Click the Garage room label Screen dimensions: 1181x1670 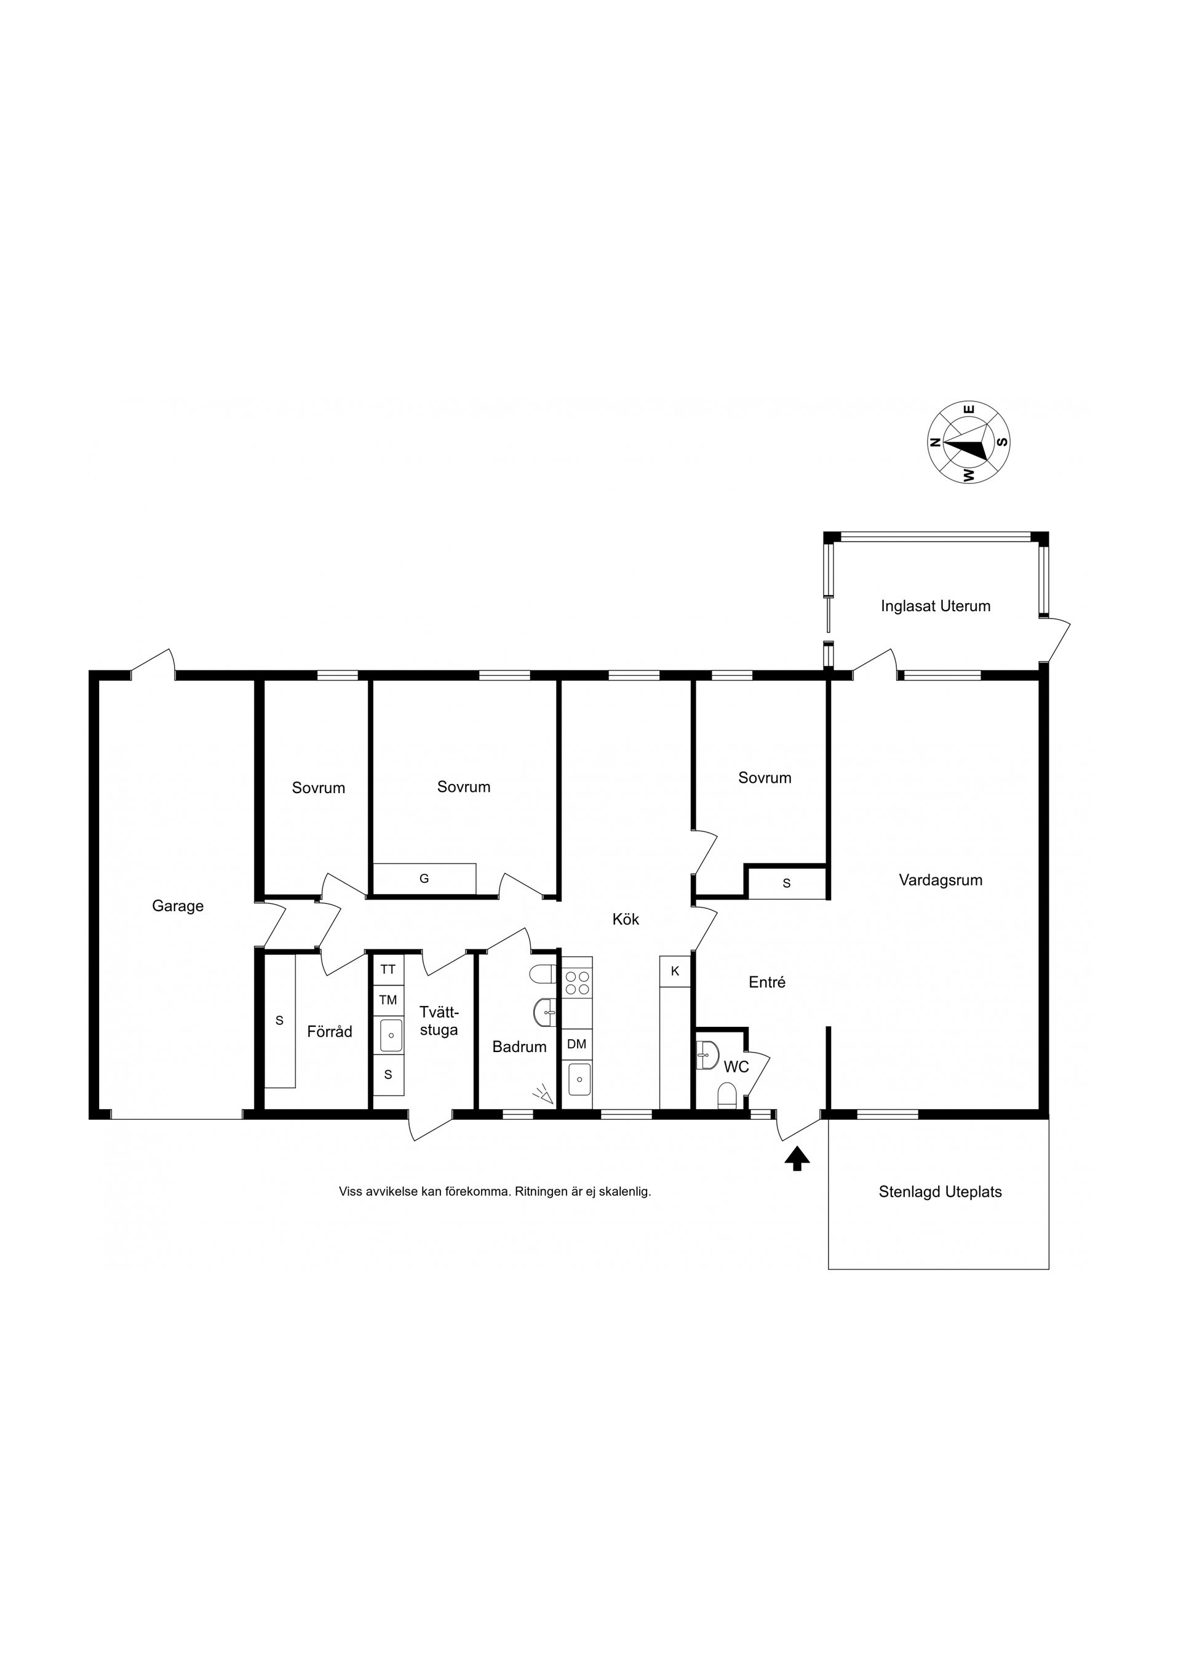[x=178, y=906]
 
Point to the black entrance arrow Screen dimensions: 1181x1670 [x=797, y=1158]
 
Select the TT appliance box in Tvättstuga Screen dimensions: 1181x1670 [x=388, y=970]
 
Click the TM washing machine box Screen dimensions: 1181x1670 [x=388, y=1000]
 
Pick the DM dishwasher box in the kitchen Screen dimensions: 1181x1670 [x=576, y=1045]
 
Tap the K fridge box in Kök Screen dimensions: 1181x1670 [x=675, y=971]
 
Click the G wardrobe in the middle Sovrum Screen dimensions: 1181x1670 [x=424, y=879]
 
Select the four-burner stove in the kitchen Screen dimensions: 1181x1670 [x=577, y=983]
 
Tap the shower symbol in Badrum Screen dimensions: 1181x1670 [x=542, y=1094]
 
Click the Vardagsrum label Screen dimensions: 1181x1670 [x=940, y=880]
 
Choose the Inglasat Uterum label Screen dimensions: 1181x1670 [x=935, y=606]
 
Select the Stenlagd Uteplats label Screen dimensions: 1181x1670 [x=940, y=1192]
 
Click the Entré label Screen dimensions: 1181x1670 [x=767, y=982]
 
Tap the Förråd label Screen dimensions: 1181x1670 [x=330, y=1031]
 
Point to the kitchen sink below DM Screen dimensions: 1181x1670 [x=579, y=1078]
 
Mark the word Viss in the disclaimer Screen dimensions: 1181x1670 [x=350, y=1192]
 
